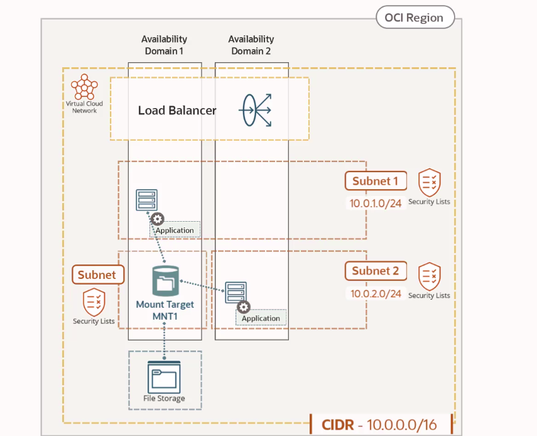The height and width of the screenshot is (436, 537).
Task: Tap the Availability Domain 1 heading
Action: [x=164, y=45]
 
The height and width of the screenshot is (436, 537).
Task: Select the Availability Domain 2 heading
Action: [x=251, y=45]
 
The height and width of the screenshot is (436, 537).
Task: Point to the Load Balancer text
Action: [x=177, y=111]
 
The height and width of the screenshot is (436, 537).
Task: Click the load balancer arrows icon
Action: [x=255, y=110]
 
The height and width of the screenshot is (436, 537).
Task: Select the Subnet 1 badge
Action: [x=375, y=181]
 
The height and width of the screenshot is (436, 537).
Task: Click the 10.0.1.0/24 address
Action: [x=375, y=204]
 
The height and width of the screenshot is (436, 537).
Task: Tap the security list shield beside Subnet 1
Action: [x=430, y=182]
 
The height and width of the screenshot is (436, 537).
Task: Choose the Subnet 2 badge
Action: [x=376, y=271]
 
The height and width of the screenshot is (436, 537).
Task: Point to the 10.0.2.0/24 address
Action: [x=375, y=293]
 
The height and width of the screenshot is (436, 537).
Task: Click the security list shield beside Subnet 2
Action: [x=430, y=276]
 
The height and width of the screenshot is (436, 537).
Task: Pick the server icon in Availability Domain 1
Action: [x=147, y=200]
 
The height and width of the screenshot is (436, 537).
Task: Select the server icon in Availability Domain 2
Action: [x=236, y=293]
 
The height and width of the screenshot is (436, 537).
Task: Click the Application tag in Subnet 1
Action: [x=175, y=230]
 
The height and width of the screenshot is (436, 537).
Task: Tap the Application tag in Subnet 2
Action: [x=261, y=318]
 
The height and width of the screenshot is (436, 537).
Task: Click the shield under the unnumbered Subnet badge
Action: [x=94, y=302]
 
